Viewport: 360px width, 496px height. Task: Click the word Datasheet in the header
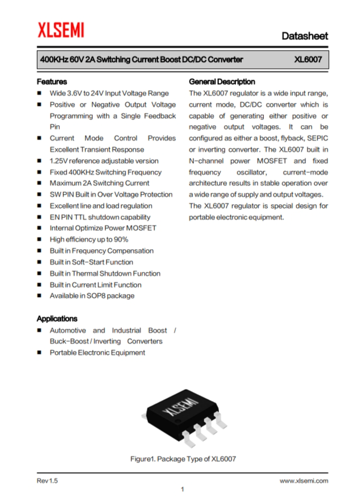[305, 36]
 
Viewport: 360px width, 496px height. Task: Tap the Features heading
[52, 81]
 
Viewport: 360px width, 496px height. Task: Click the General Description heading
[222, 81]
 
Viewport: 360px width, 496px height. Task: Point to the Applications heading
[57, 319]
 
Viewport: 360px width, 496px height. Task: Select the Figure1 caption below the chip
[183, 458]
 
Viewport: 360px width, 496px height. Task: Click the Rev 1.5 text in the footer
[47, 481]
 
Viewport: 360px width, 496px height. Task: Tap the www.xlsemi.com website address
[304, 481]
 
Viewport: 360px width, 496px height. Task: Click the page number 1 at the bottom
[182, 489]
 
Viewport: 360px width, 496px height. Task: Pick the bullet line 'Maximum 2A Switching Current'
[100, 183]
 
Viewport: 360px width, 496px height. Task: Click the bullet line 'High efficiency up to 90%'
[89, 239]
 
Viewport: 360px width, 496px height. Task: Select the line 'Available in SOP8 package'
[92, 296]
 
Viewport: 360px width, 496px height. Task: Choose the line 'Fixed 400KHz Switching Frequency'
[105, 172]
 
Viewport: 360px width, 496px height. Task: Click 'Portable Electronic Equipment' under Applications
[97, 353]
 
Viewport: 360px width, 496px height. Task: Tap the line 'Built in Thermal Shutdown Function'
[105, 273]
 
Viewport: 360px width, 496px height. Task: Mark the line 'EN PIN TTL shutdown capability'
[100, 217]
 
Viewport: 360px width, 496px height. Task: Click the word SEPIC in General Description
[317, 138]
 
